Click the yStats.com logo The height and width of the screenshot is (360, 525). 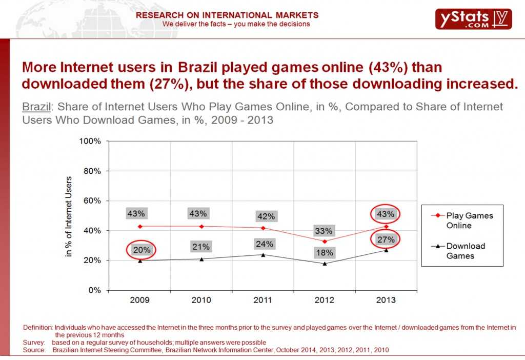tap(473, 18)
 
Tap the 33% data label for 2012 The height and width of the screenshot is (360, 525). tap(324, 231)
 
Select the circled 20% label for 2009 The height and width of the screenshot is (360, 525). tap(142, 250)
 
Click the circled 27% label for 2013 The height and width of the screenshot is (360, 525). tap(386, 239)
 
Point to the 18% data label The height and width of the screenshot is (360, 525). tap(324, 252)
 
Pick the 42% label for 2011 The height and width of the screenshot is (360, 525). tap(265, 216)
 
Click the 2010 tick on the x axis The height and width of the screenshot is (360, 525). tap(201, 300)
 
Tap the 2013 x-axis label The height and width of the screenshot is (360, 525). tap(386, 300)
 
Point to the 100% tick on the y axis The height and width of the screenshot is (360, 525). tap(91, 141)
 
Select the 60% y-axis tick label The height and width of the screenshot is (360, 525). tap(92, 201)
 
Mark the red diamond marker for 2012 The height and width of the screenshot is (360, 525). tap(325, 241)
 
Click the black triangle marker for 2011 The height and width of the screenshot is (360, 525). tap(263, 254)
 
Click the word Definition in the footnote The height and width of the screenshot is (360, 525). tap(37, 327)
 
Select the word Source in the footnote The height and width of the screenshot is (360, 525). tap(34, 350)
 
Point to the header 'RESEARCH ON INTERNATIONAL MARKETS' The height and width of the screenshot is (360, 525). tap(227, 15)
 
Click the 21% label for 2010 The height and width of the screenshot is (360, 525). tap(201, 247)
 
